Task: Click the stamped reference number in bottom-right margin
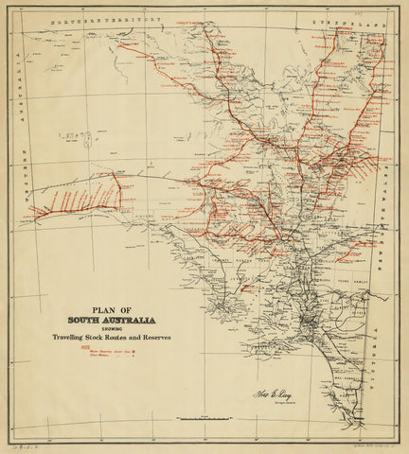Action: coord(376,443)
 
